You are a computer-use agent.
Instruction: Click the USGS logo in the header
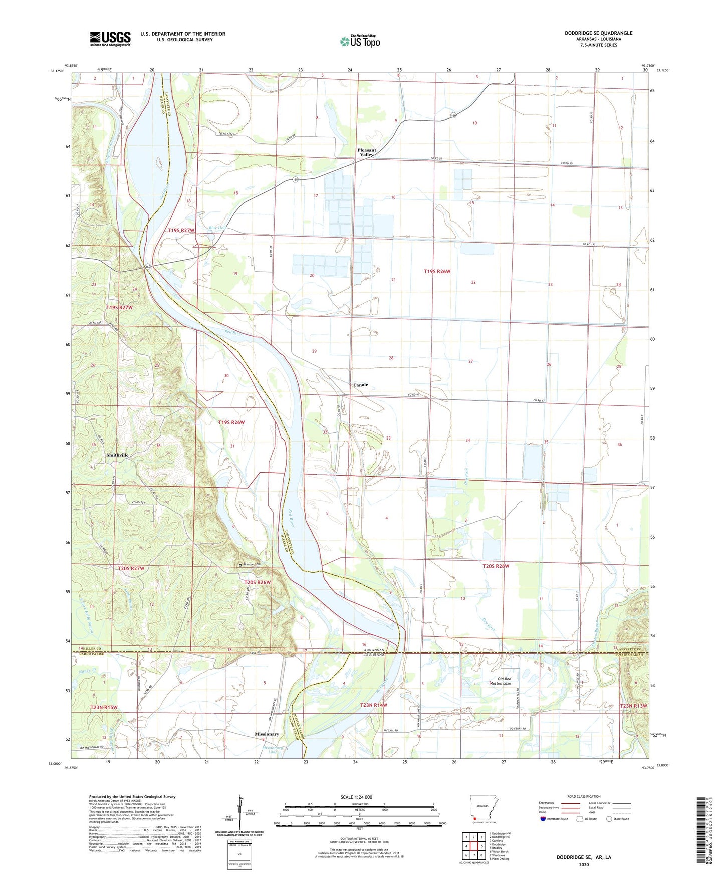tap(110, 39)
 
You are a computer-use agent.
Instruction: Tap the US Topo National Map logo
tap(360, 41)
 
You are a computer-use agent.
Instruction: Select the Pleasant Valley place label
tap(366, 152)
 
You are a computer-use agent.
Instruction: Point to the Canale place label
tap(360, 385)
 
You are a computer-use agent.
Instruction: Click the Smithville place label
tap(117, 455)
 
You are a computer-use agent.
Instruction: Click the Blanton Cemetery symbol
tap(240, 565)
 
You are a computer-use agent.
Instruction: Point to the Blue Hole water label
tap(218, 228)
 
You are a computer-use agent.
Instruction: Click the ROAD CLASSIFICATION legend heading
tap(584, 796)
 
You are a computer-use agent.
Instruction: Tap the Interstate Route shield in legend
tap(544, 819)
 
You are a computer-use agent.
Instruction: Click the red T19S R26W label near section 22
tap(437, 271)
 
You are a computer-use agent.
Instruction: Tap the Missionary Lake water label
tap(273, 749)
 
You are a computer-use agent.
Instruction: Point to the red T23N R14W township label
tap(374, 705)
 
